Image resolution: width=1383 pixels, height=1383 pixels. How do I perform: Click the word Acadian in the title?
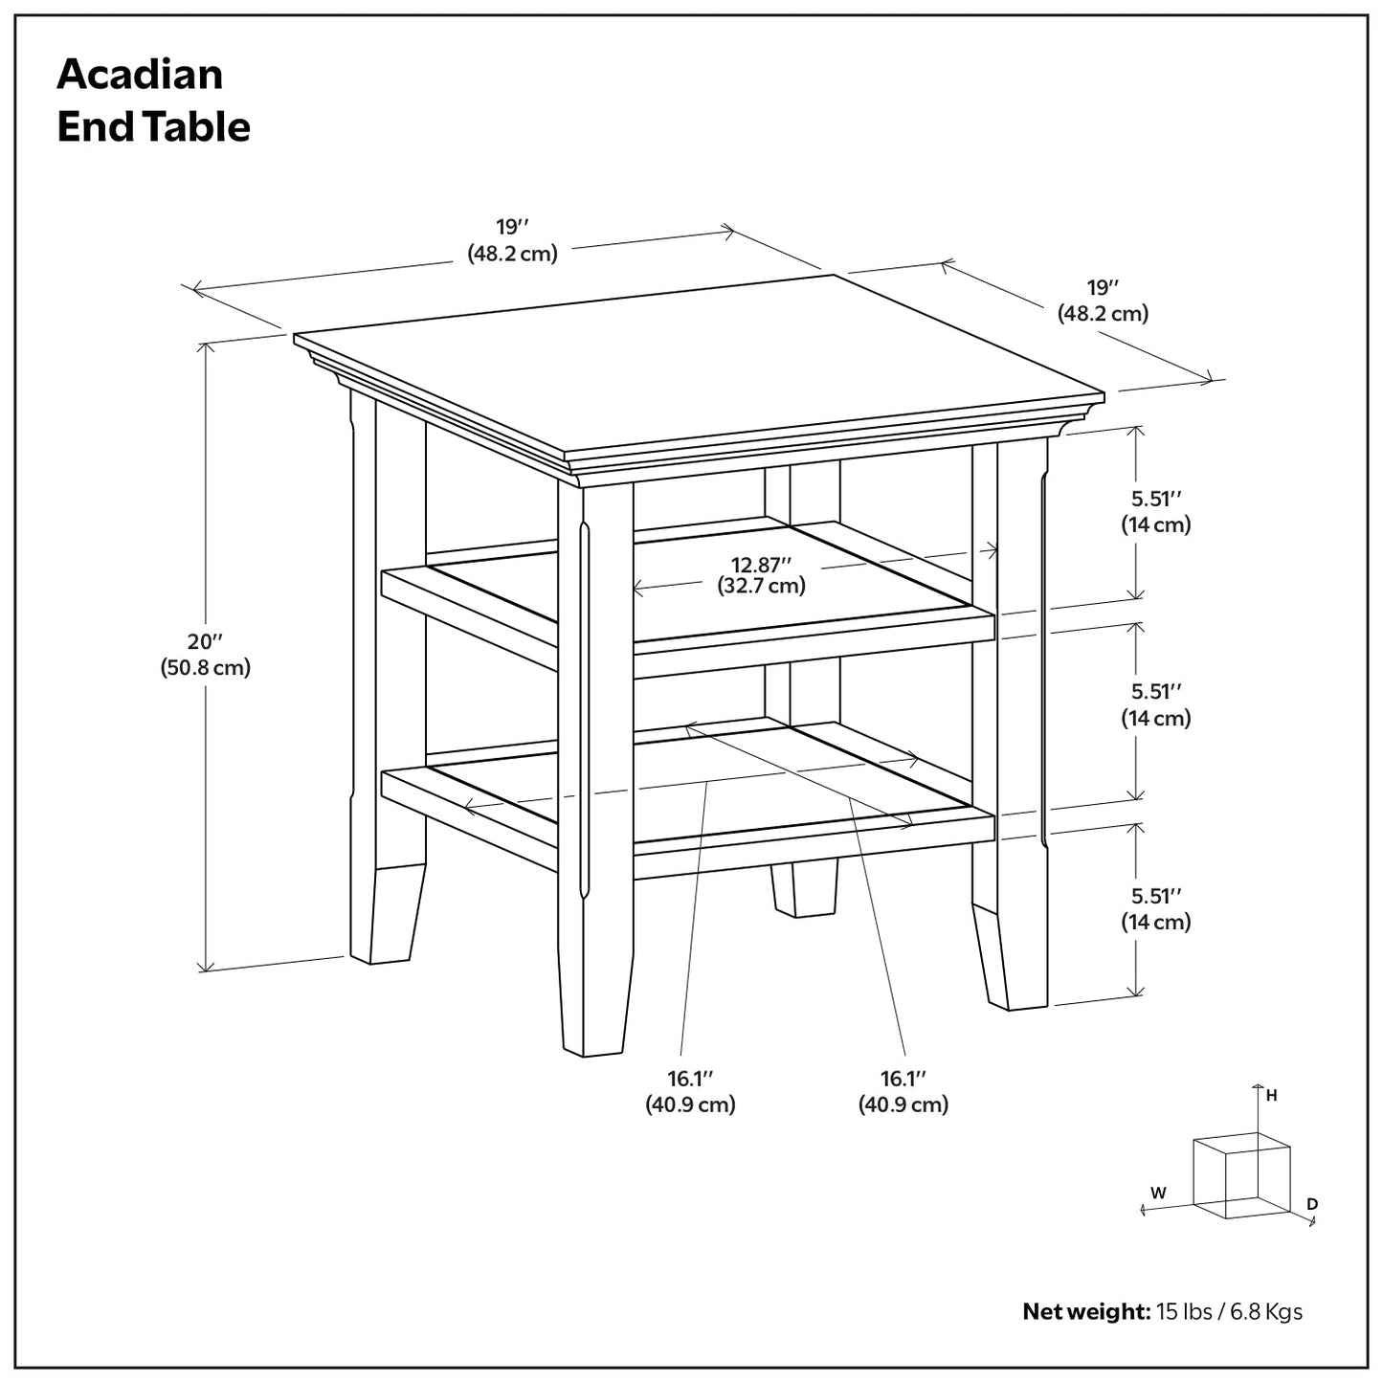pos(140,75)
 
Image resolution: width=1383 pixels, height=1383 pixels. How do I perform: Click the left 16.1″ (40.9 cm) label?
pos(690,1091)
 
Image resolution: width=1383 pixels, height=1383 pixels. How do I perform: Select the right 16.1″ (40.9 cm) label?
pos(903,1091)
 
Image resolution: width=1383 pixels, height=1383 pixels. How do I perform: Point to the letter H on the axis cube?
pos(1271,1096)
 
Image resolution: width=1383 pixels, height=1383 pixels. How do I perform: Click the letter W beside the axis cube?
pos(1158,1193)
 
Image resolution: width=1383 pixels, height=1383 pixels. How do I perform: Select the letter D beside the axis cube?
pos(1312,1204)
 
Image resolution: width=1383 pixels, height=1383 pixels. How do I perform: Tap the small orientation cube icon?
pos(1241,1175)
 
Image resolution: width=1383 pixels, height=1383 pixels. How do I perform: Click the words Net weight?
pos(1085,1311)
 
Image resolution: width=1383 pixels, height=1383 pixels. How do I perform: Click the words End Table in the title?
pos(153,127)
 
